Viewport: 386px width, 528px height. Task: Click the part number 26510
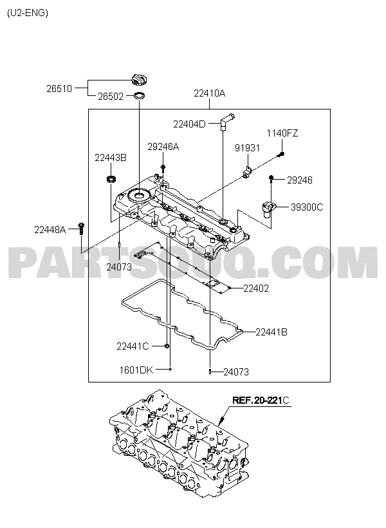[x=59, y=89]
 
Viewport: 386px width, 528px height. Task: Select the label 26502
[x=111, y=97]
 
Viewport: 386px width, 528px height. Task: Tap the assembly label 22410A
[x=209, y=93]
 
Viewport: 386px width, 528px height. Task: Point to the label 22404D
[x=189, y=124]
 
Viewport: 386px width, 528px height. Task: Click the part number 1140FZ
[x=282, y=133]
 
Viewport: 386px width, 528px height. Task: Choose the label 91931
[x=247, y=148]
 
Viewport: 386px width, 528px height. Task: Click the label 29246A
[x=163, y=147]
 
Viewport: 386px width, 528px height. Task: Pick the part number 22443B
[x=111, y=158]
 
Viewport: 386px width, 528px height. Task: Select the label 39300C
[x=307, y=207]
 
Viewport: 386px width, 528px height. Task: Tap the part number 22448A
[x=50, y=230]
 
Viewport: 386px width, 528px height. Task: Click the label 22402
[x=256, y=288]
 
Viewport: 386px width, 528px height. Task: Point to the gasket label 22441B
[x=271, y=332]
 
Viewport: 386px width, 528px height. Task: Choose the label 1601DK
[x=136, y=370]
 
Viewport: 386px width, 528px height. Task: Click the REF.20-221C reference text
[x=261, y=401]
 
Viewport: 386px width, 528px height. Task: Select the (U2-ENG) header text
[x=28, y=13]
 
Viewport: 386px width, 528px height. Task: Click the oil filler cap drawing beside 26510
[x=138, y=79]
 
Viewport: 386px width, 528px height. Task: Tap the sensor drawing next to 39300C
[x=268, y=208]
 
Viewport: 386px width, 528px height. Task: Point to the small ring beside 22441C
[x=167, y=346]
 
